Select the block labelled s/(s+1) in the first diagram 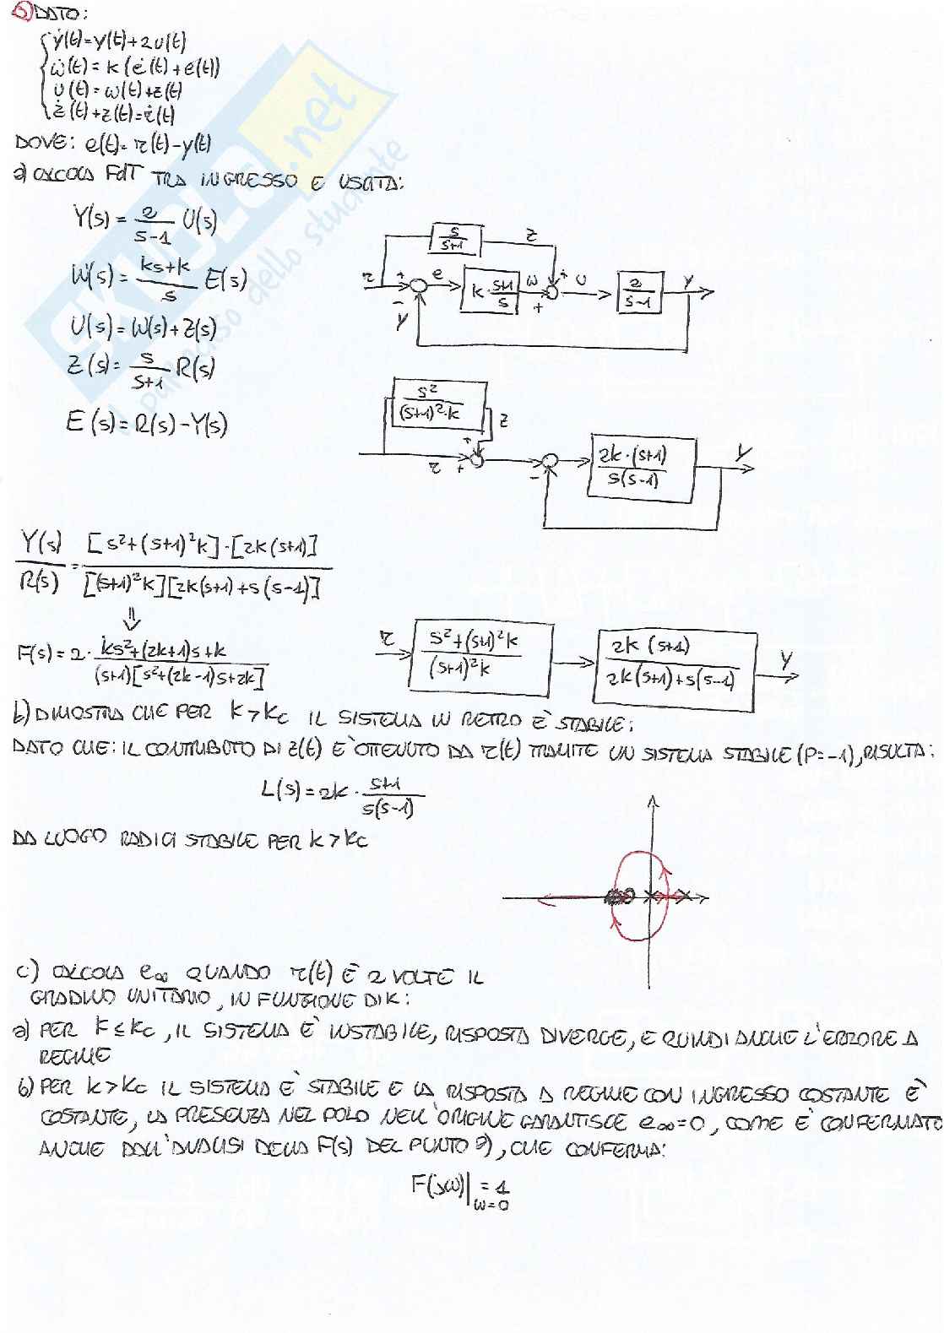click(454, 240)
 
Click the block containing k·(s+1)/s click(491, 293)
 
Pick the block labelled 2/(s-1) click(637, 293)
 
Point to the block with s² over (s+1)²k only click(437, 405)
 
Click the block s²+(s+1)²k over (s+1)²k click(479, 655)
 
